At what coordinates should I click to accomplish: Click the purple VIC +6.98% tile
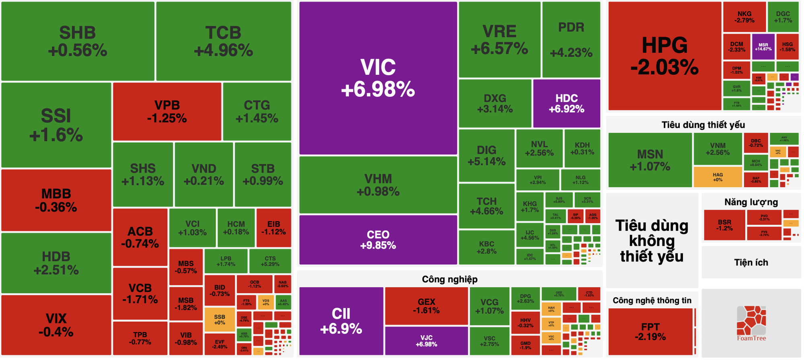(x=378, y=78)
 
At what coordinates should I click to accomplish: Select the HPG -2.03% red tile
(x=664, y=56)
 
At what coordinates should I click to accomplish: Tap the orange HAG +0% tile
(x=718, y=177)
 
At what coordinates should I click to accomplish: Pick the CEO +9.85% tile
(x=378, y=240)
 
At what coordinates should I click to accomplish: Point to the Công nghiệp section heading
(x=449, y=279)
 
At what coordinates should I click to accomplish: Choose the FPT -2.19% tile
(x=650, y=331)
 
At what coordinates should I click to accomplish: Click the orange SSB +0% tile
(x=219, y=320)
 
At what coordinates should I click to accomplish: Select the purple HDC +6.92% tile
(x=566, y=103)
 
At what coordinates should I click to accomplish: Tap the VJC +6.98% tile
(x=426, y=341)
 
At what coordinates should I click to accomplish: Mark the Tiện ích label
(x=751, y=262)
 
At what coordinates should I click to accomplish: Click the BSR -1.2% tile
(x=724, y=225)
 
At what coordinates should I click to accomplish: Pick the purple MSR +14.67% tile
(x=763, y=47)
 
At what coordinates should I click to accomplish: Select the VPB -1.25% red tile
(x=167, y=111)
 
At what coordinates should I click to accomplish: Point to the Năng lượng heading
(x=751, y=202)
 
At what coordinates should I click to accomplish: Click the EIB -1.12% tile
(x=273, y=228)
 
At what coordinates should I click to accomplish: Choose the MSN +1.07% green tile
(x=650, y=160)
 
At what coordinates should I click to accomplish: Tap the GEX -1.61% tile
(x=426, y=306)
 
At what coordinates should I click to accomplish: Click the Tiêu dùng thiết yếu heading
(x=703, y=125)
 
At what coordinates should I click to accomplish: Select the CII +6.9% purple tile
(x=341, y=321)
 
